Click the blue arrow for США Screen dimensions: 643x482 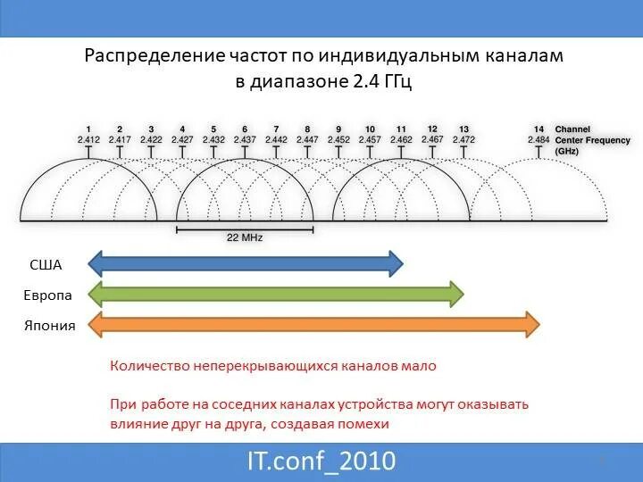[246, 262]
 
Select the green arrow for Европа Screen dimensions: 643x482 [277, 295]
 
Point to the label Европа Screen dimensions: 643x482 [49, 295]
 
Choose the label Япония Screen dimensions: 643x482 [50, 325]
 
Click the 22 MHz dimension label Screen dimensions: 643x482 [245, 238]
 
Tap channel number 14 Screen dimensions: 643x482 [539, 129]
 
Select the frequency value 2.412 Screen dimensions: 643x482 [88, 140]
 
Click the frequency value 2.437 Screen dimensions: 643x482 [245, 140]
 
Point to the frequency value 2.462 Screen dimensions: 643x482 [401, 140]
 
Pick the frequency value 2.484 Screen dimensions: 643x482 [539, 140]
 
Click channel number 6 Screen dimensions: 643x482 [245, 129]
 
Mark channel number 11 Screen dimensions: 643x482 [401, 129]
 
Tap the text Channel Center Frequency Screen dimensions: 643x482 [592, 140]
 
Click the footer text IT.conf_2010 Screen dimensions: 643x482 [321, 461]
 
